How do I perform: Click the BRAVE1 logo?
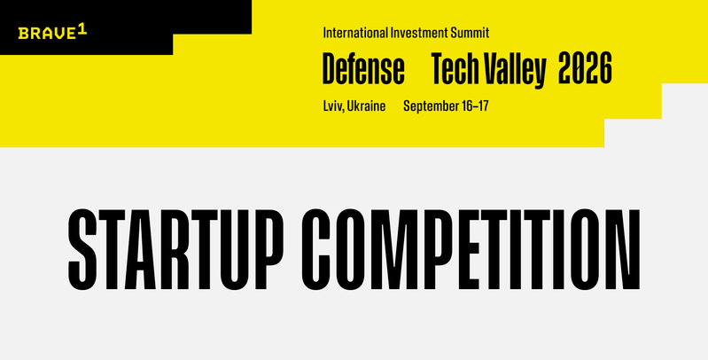tap(52, 33)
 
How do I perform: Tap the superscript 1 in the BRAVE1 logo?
tap(82, 30)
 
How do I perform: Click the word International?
tap(355, 33)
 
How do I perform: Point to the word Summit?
tap(470, 33)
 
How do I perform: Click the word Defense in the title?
tap(363, 68)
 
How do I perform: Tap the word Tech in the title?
tap(456, 68)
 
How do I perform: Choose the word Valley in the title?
tap(515, 70)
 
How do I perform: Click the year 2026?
tap(585, 68)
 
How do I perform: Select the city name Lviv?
tap(334, 106)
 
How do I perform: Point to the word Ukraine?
tap(367, 106)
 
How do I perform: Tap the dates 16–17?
tap(475, 106)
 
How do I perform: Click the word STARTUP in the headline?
tap(175, 249)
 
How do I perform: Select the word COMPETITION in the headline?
tap(471, 249)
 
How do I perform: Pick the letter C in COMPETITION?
tap(316, 249)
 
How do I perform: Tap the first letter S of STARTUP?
tap(82, 249)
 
